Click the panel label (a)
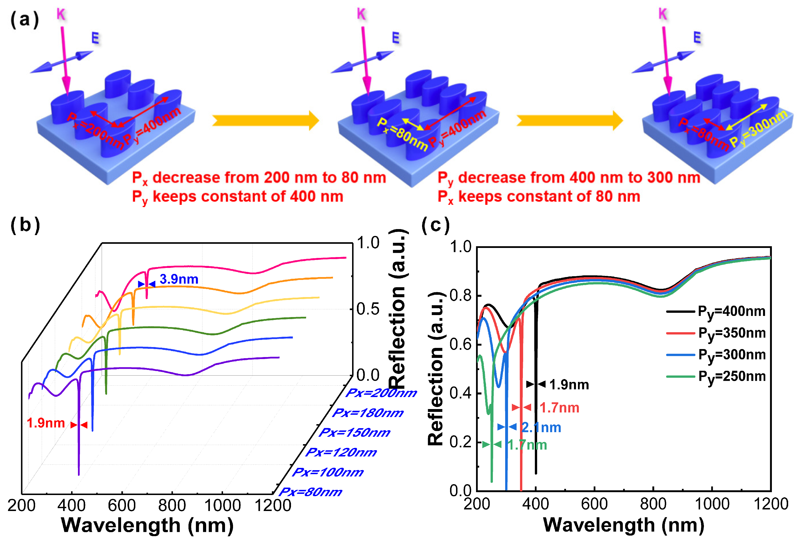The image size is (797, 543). (x=24, y=19)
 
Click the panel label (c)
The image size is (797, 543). (x=435, y=225)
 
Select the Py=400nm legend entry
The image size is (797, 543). (x=731, y=311)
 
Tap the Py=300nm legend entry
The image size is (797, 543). (x=731, y=355)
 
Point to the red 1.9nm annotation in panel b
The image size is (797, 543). (x=46, y=423)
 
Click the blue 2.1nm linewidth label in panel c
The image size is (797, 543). (x=541, y=427)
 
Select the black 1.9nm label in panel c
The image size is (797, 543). (x=569, y=384)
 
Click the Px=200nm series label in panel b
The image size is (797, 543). (x=381, y=393)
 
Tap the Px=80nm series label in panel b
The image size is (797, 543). (x=310, y=492)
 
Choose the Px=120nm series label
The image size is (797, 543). (x=341, y=452)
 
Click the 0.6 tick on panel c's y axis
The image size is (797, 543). (x=460, y=344)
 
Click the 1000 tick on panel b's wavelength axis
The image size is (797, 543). (x=222, y=506)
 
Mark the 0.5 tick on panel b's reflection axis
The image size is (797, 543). (x=368, y=309)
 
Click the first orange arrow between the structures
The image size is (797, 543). (x=266, y=121)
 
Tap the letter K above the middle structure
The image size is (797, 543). (x=362, y=14)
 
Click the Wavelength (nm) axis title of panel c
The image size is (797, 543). (x=623, y=525)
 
